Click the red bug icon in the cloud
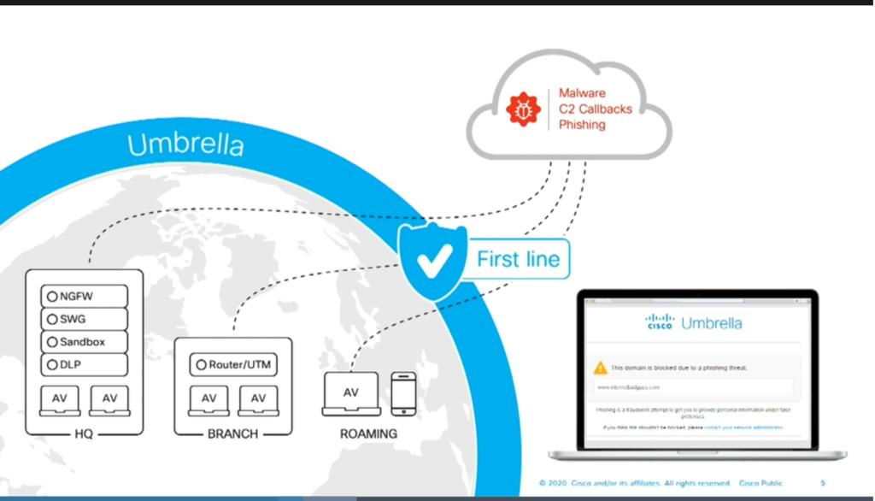pos(523,109)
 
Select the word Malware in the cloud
pos(582,92)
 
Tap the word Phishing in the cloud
pos(582,125)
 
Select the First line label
pos(518,258)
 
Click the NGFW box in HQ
pos(84,297)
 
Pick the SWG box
pos(84,319)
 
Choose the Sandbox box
pos(84,342)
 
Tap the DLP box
pos(84,365)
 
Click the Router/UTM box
pos(233,365)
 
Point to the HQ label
pos(84,433)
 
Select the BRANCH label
pos(232,433)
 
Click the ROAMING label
pos(368,433)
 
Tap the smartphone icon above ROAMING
pos(403,393)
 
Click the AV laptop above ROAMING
pos(350,394)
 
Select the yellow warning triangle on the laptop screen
pos(601,368)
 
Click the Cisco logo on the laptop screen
pos(660,322)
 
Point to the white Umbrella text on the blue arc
pos(186,144)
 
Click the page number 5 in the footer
pos(823,483)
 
